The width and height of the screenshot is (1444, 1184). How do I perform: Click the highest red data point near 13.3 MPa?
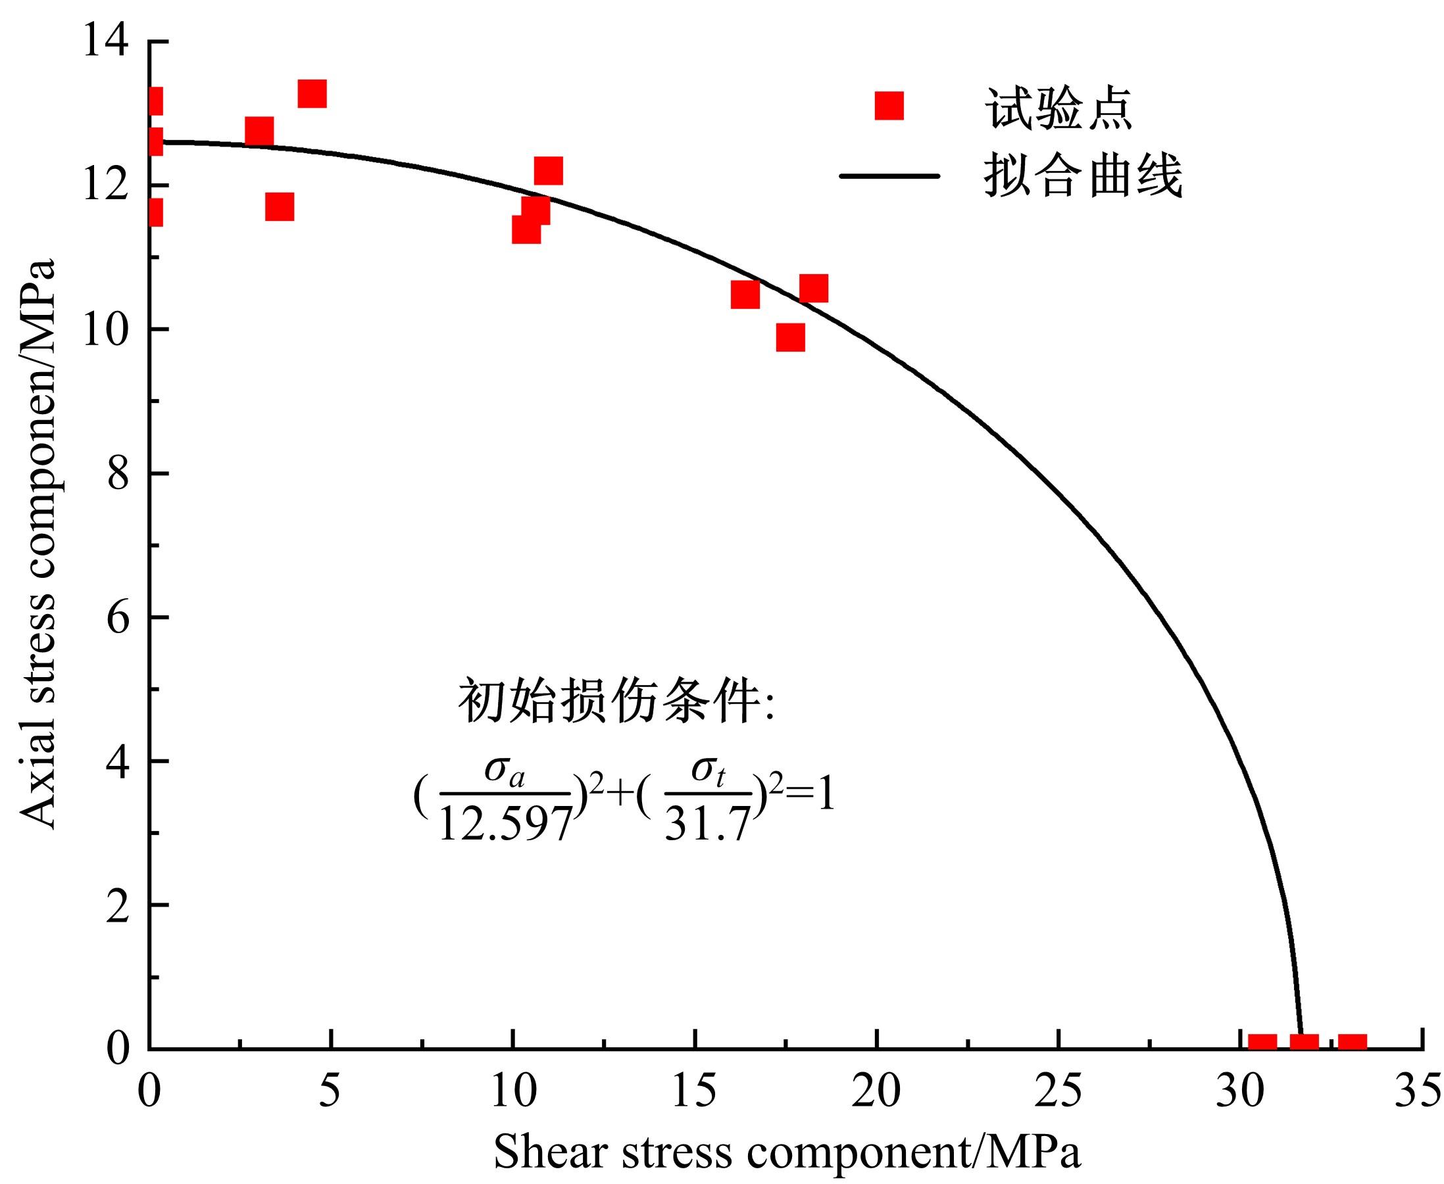312,93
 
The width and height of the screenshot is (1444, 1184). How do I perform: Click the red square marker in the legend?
889,106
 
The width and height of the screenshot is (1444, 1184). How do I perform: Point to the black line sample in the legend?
889,176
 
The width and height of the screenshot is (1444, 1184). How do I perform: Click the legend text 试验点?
1058,108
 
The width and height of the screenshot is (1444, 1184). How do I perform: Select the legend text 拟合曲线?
1083,176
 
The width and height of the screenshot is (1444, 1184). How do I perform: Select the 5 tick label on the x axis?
330,1092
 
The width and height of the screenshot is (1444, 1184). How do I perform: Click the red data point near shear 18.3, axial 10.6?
814,289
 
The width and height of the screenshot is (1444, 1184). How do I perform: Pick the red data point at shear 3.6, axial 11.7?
280,206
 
